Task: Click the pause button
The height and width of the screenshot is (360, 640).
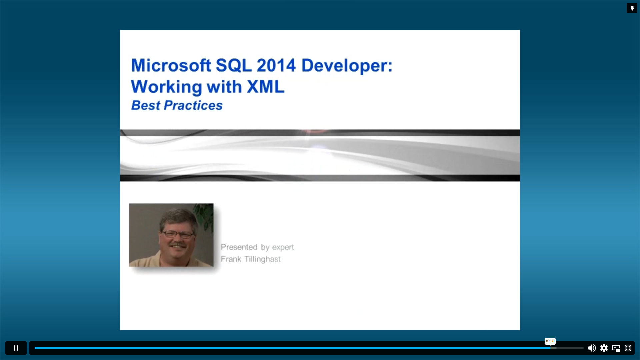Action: tap(16, 348)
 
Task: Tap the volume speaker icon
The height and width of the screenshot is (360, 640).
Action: tap(592, 348)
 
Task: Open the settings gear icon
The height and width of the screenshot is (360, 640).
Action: tap(604, 348)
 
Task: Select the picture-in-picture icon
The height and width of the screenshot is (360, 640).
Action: tap(616, 348)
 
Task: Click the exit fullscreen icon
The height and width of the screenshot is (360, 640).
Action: tap(628, 348)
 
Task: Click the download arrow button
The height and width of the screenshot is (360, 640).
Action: tap(632, 8)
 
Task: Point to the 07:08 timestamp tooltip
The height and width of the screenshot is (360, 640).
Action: tap(550, 341)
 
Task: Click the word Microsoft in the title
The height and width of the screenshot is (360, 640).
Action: tap(171, 65)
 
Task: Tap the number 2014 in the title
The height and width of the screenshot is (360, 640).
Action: tap(276, 65)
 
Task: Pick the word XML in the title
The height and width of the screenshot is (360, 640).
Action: tap(266, 87)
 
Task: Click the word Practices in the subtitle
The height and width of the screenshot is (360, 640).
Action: tap(193, 105)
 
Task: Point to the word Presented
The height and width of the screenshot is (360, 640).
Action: tap(239, 247)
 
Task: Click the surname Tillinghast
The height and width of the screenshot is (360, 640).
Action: tap(262, 259)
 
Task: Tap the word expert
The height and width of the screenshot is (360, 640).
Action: tap(283, 247)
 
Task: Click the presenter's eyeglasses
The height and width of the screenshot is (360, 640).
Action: tap(177, 234)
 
